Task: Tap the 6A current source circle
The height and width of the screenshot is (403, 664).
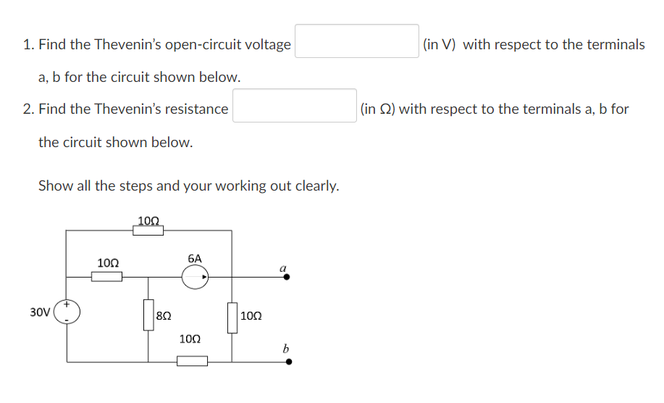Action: [195, 276]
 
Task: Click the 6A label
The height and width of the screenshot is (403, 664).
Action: [195, 258]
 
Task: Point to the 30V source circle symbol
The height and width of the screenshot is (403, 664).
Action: [67, 312]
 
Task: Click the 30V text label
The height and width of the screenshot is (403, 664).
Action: [40, 312]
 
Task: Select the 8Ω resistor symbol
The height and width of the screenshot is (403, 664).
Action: [148, 315]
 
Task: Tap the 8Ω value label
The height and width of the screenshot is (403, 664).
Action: [164, 316]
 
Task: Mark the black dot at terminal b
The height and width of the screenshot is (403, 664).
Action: [288, 361]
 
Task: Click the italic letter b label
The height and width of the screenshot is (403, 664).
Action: [285, 349]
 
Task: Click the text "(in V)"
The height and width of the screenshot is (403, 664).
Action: [439, 44]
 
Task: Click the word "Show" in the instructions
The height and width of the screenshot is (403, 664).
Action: [55, 186]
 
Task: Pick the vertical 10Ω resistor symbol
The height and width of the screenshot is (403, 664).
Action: [232, 317]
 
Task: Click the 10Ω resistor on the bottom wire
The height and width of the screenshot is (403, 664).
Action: [192, 361]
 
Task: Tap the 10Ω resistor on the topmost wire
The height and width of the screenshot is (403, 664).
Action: [148, 230]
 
